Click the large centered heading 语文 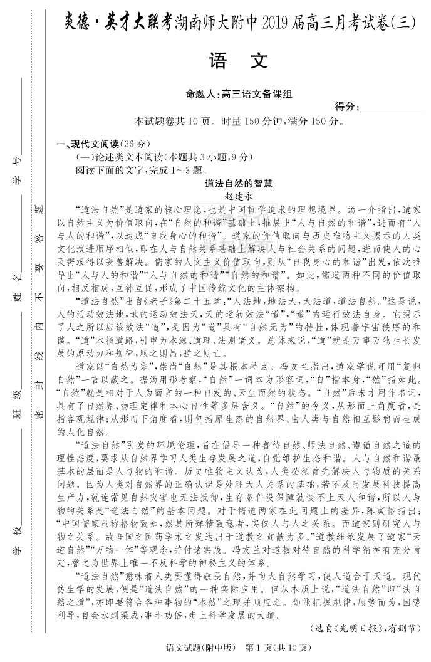tap(240, 61)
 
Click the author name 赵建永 tap(239, 196)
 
